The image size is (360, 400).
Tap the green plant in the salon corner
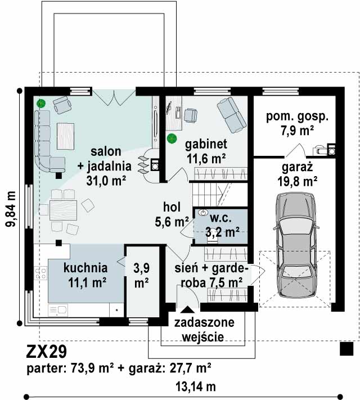pyautogui.click(x=41, y=104)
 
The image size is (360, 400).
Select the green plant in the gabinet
pyautogui.click(x=172, y=138)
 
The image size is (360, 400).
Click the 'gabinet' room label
pyautogui.click(x=206, y=144)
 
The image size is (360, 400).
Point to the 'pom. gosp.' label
pyautogui.click(x=297, y=116)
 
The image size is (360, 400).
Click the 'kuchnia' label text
pyautogui.click(x=85, y=268)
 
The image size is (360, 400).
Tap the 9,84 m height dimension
pyautogui.click(x=11, y=209)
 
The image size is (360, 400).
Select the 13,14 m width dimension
pyautogui.click(x=195, y=386)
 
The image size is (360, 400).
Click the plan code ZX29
pyautogui.click(x=47, y=351)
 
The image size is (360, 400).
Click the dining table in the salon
pyautogui.click(x=63, y=210)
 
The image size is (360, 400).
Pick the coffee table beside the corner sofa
pyautogui.click(x=66, y=136)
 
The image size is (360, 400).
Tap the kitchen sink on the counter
pyautogui.click(x=58, y=310)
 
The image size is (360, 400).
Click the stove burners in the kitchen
pyautogui.click(x=40, y=273)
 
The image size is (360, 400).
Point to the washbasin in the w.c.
pyautogui.click(x=204, y=212)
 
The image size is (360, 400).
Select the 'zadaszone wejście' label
pyautogui.click(x=204, y=329)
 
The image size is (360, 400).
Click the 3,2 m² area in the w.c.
pyautogui.click(x=222, y=232)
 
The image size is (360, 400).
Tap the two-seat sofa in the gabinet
pyautogui.click(x=232, y=115)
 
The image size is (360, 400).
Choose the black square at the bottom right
pyautogui.click(x=346, y=349)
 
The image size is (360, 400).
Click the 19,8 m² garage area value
pyautogui.click(x=297, y=181)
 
